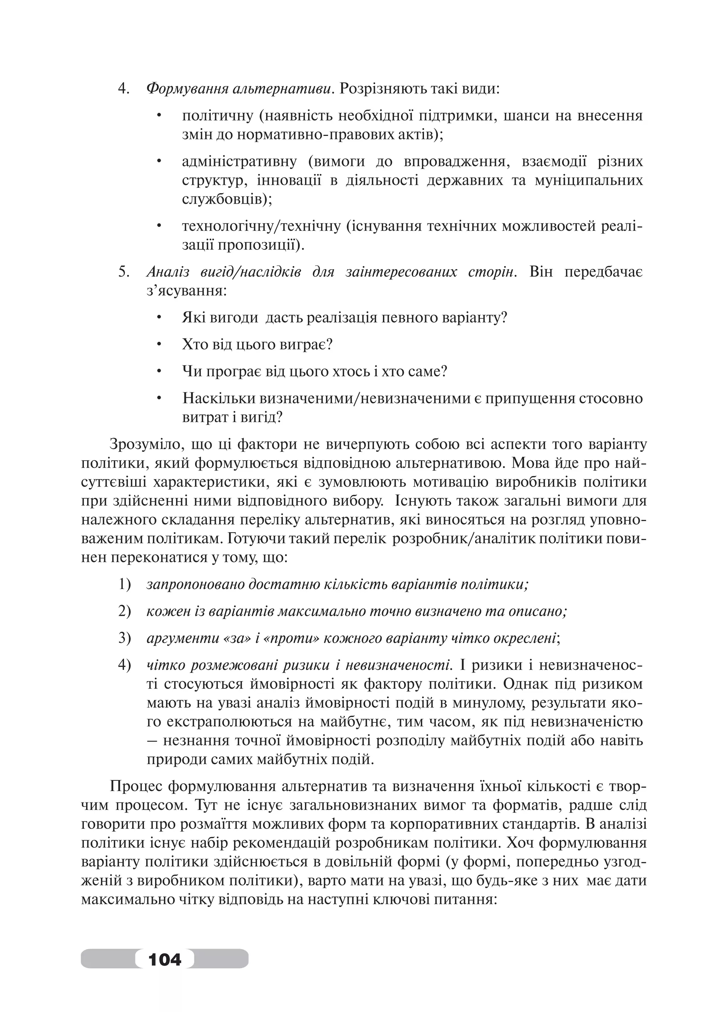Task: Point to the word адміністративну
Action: pyautogui.click(x=239, y=161)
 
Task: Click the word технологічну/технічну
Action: pyautogui.click(x=261, y=226)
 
